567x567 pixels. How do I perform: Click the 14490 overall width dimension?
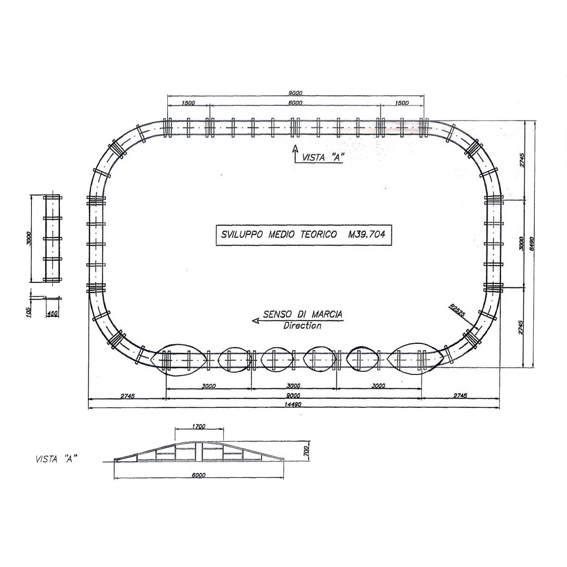coord(294,404)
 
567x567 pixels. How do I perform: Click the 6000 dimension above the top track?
coord(295,103)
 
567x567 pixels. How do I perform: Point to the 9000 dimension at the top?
coord(296,93)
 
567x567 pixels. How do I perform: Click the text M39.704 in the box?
coord(366,234)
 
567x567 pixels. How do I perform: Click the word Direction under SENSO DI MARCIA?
coord(302,326)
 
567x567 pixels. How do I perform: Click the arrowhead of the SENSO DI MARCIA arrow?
coord(255,321)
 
